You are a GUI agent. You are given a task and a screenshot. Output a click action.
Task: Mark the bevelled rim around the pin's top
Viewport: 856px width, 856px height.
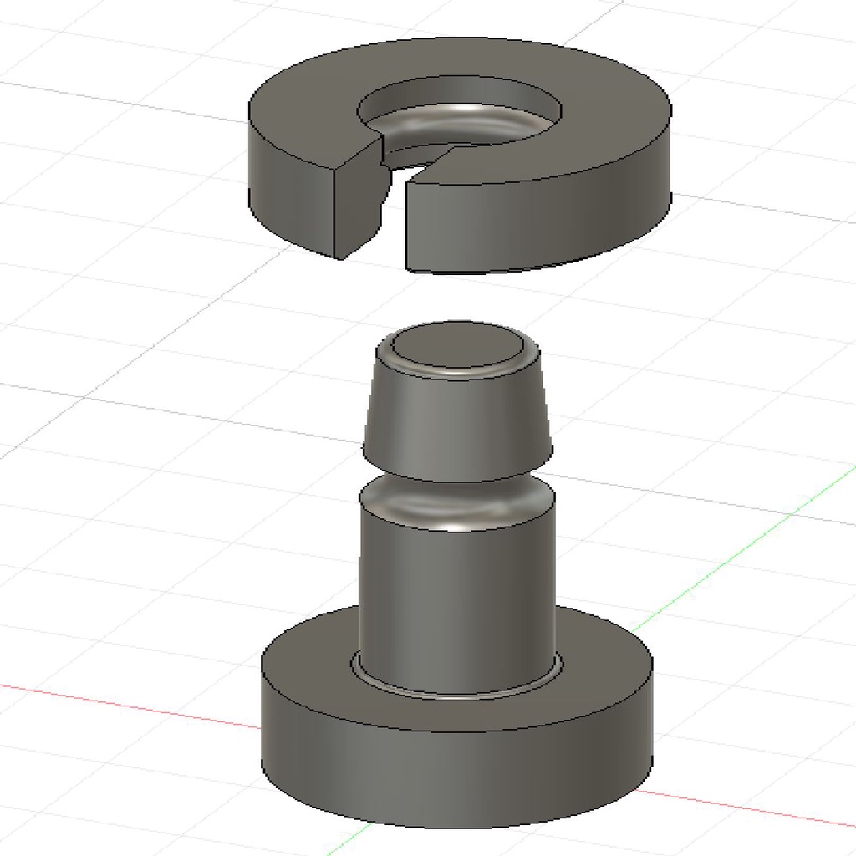point(456,367)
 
